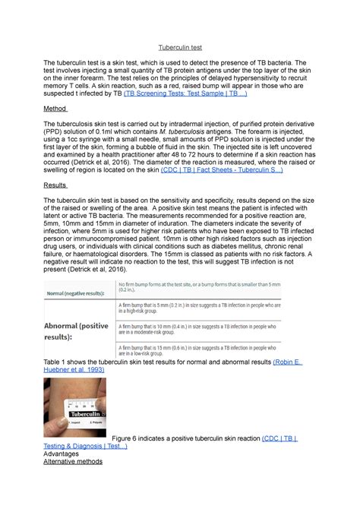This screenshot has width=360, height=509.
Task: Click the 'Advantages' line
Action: (x=64, y=454)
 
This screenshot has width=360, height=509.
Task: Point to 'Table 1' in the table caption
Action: (x=58, y=362)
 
